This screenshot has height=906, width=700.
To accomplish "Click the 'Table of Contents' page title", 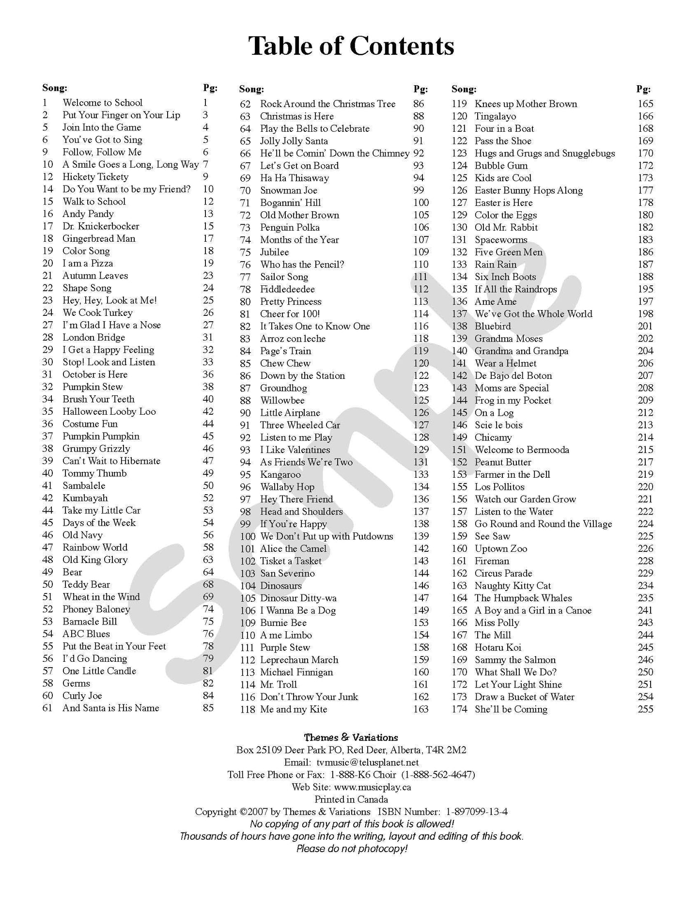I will (351, 47).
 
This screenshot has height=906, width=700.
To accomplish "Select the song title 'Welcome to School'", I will (102, 103).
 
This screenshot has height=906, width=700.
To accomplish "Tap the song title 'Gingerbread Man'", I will (99, 238).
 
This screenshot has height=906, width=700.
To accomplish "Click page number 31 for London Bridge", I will (208, 337).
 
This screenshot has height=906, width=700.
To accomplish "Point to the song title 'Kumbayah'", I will (85, 498).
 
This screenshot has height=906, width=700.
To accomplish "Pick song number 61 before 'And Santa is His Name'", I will (47, 708).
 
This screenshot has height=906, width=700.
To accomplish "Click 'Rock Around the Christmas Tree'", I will (327, 104).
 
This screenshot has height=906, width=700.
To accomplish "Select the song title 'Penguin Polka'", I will (290, 227).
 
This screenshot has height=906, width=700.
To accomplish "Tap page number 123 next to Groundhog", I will (421, 388).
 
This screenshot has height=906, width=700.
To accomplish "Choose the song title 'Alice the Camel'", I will (293, 548).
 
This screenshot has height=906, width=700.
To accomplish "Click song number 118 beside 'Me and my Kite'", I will (248, 709).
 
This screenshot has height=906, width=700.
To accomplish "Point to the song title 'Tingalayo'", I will (495, 116).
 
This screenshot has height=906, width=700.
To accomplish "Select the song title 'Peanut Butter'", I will (503, 462).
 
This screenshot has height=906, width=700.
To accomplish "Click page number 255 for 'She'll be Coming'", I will (645, 709).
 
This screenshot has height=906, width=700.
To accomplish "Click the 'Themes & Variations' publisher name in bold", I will (351, 738).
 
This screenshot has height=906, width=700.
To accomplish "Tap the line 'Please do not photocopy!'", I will (352, 849).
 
